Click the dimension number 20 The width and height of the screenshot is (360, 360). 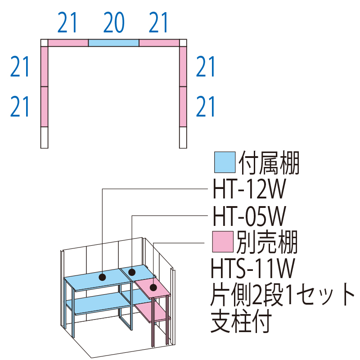113,23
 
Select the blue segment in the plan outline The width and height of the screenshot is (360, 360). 113,43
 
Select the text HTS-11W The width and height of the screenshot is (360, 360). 252,269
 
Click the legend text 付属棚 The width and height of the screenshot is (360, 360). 269,163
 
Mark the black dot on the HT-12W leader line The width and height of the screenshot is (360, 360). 103,277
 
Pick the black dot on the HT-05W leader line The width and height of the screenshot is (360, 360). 132,272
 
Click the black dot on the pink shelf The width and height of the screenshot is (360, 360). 153,287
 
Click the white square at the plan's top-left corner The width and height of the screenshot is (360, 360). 44,43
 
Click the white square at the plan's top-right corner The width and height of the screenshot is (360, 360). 183,43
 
